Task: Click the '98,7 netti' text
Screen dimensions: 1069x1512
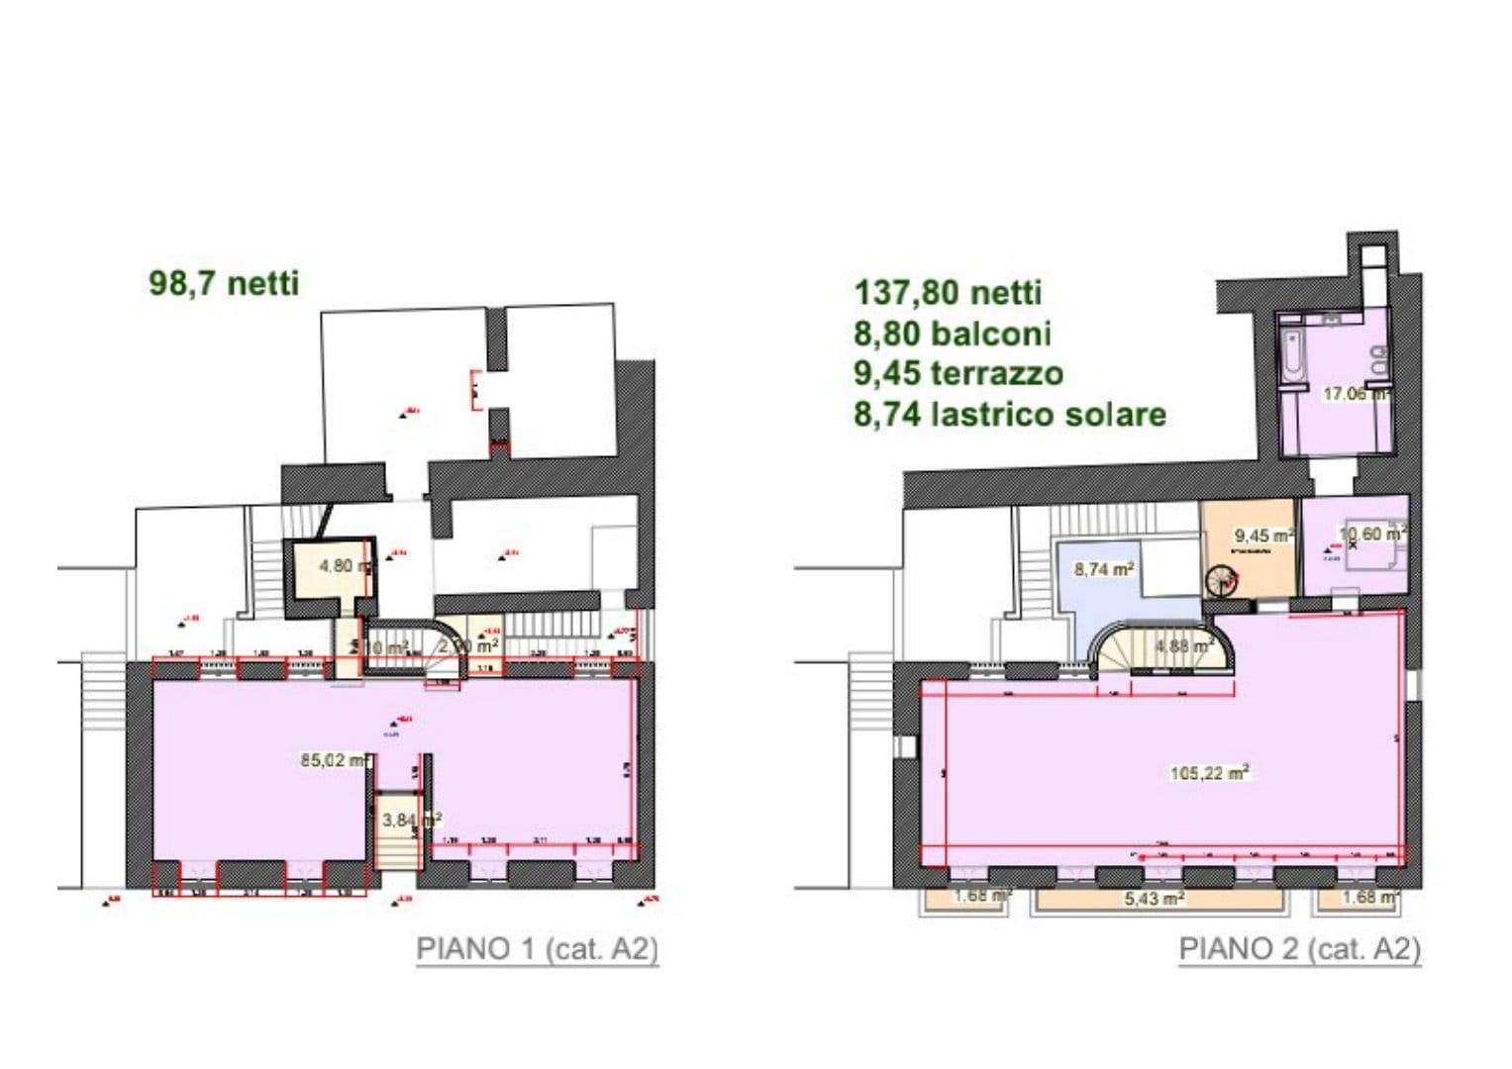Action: [x=224, y=283]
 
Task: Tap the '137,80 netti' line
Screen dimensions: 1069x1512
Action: [x=948, y=293]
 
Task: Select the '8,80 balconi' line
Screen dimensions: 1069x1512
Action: [x=952, y=334]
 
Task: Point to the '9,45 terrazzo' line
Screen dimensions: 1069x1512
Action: [x=958, y=373]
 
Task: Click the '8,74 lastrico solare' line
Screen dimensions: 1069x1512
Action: [x=1009, y=414]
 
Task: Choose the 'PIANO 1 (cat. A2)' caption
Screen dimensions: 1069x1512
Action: [x=537, y=948]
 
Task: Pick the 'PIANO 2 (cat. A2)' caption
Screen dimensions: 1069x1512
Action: [x=1299, y=948]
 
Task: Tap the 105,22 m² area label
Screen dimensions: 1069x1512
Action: [x=1209, y=773]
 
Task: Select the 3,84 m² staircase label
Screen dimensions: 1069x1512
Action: [x=410, y=820]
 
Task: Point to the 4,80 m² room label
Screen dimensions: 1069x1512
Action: [x=345, y=567]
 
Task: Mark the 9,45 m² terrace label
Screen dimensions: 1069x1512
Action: [x=1262, y=536]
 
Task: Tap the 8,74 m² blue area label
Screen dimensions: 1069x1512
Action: [x=1103, y=569]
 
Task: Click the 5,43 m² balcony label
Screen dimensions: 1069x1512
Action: [x=1156, y=899]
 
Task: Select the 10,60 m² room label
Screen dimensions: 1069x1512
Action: [x=1371, y=534]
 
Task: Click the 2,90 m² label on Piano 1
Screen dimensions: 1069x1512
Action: [x=467, y=646]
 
